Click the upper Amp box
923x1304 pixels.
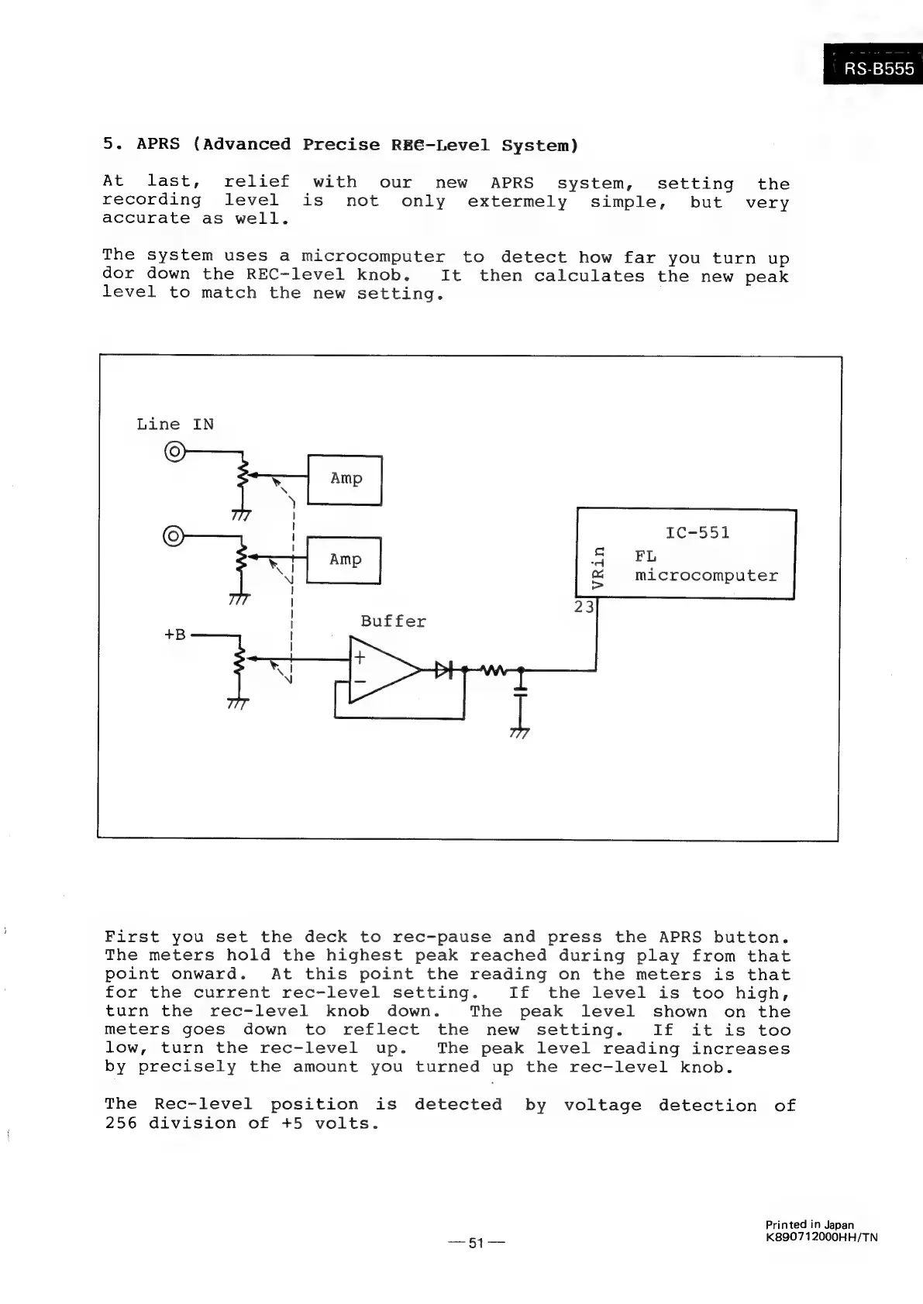pos(346,479)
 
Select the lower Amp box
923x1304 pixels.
pos(345,559)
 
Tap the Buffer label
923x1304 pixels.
pos(393,621)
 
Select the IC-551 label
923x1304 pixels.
pos(697,533)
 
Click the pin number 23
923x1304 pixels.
pos(584,607)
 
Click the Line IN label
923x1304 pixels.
pos(175,424)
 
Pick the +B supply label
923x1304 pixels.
pos(175,635)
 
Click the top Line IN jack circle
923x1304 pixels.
pos(174,451)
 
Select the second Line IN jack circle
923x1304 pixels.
pos(174,535)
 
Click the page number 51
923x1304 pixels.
pos(476,1244)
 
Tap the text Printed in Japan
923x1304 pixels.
pos(810,1225)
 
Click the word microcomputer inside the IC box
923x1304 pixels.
pos(706,576)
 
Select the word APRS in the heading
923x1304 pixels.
pos(158,144)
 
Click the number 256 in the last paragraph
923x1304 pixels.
pos(121,1123)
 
